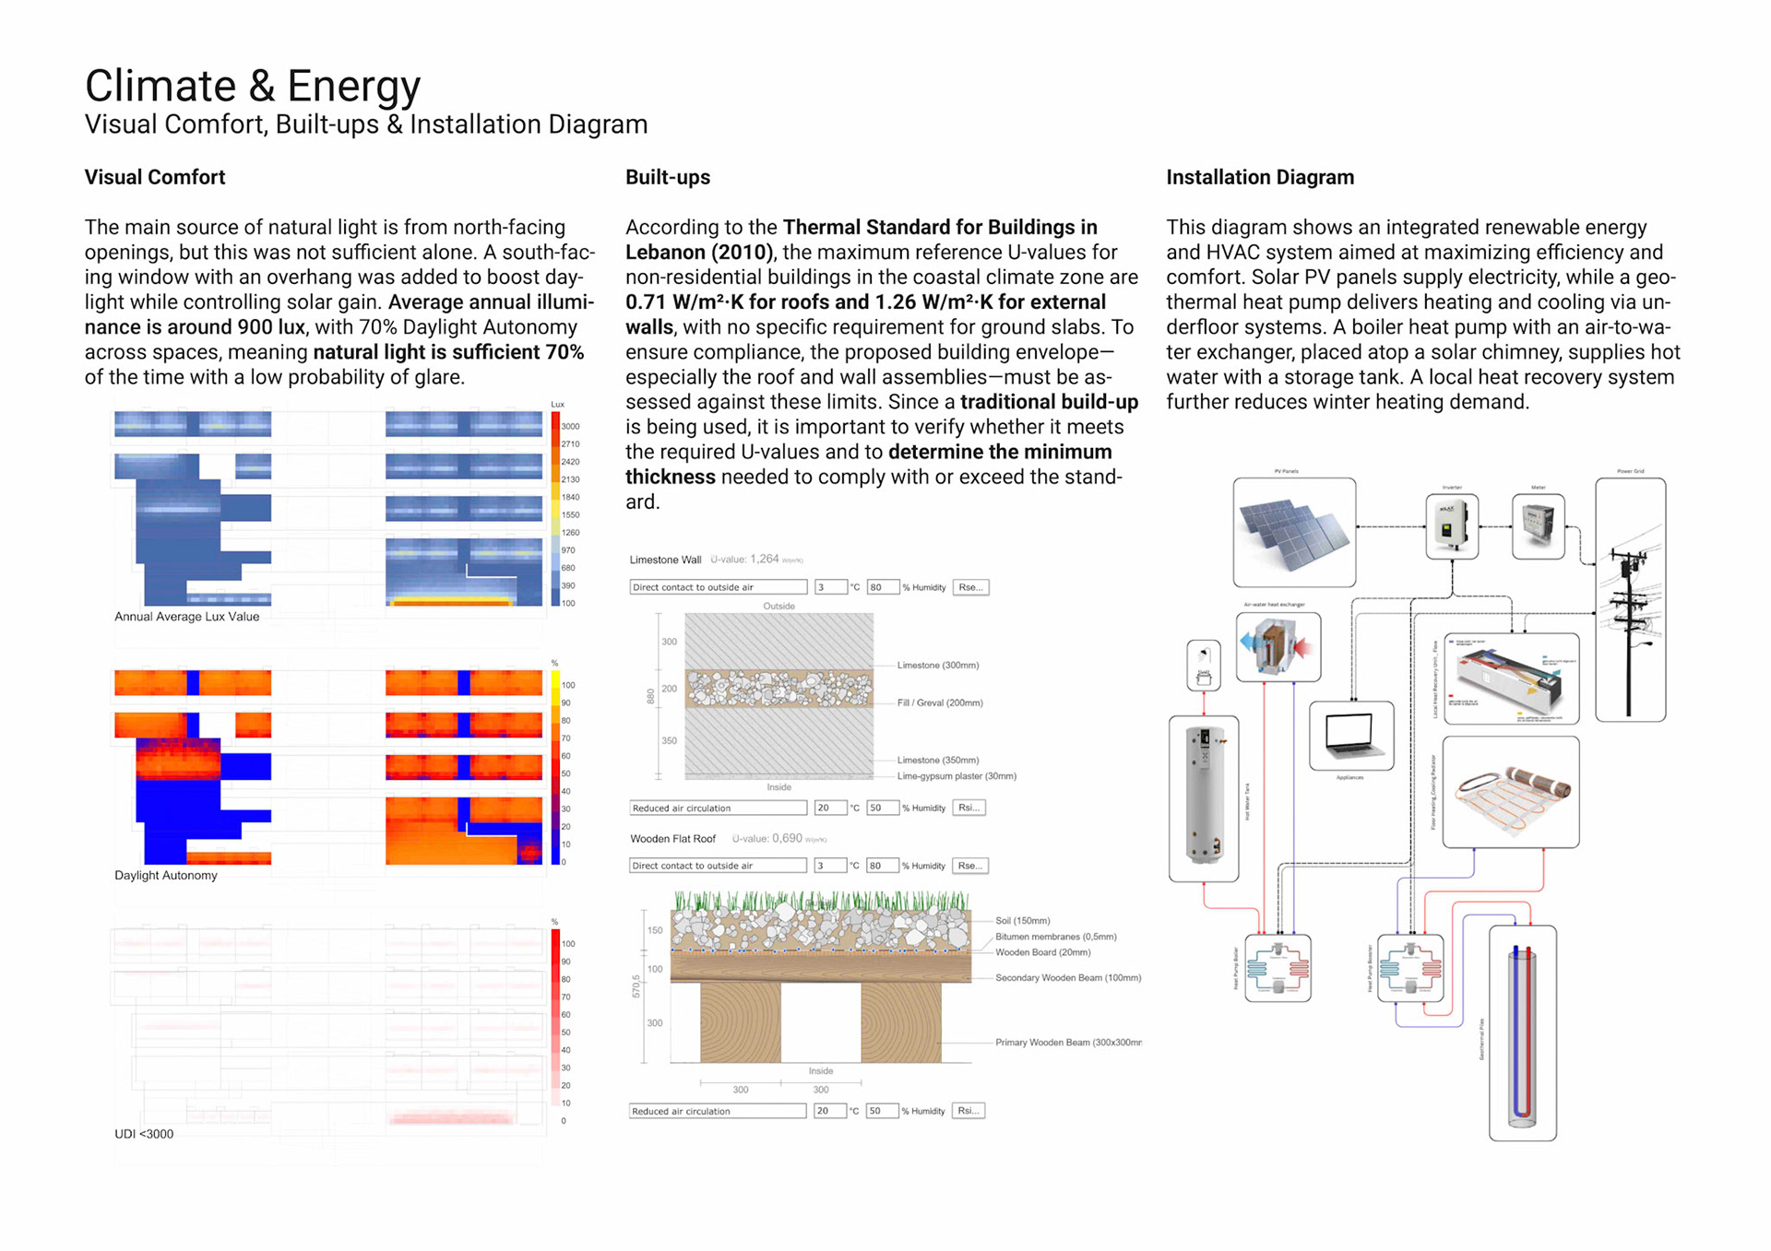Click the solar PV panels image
coord(1293,533)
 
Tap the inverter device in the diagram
coord(1451,526)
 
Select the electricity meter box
coord(1538,526)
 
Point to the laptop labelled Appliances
coord(1351,735)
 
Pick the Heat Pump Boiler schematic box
coord(1278,968)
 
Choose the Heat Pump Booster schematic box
coord(1409,968)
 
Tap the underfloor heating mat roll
coord(1511,791)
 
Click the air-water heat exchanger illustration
coord(1278,646)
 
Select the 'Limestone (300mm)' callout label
coord(937,665)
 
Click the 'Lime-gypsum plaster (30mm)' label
coord(957,776)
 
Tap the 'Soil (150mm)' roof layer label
coord(1022,921)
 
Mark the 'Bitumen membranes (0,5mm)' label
coord(1055,937)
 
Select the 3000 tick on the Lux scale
coord(570,427)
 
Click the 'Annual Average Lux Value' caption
coord(186,617)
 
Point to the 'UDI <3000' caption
coord(144,1134)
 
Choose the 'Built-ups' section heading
coord(668,177)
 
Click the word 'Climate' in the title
coord(160,87)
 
